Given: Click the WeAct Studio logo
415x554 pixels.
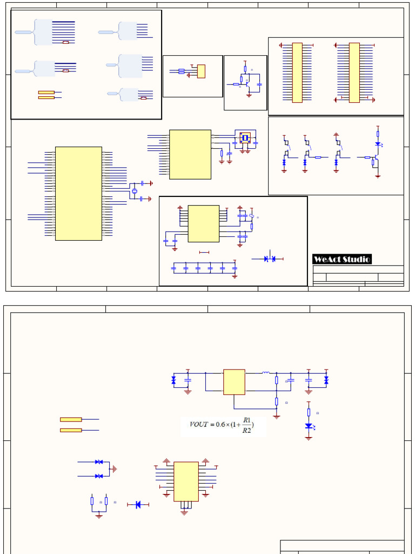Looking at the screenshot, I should click(x=342, y=259).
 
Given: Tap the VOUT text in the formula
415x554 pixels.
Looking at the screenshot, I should click(x=199, y=425).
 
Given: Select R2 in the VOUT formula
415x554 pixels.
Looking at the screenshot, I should click(x=246, y=431).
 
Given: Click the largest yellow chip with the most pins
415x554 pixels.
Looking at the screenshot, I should click(x=78, y=193).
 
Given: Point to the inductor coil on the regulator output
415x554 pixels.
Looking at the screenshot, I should click(x=266, y=373).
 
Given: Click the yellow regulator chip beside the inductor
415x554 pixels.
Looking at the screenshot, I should click(x=234, y=382).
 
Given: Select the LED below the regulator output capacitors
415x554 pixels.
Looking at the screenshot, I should click(x=309, y=426).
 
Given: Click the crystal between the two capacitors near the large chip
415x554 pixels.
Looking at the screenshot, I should click(x=133, y=191).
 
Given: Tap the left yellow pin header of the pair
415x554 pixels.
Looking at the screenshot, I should click(x=297, y=72).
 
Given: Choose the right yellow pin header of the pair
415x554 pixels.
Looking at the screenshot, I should click(x=354, y=72).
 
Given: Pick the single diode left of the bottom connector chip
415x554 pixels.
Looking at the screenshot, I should click(x=138, y=505).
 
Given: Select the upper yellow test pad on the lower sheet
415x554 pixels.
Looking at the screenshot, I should click(x=71, y=419).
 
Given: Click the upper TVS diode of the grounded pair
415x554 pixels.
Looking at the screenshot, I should click(x=99, y=462).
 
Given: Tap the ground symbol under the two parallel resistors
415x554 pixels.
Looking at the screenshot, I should click(x=99, y=516).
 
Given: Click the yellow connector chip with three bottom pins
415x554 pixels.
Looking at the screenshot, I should click(x=186, y=481).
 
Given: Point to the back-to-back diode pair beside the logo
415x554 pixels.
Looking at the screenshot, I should click(x=270, y=259).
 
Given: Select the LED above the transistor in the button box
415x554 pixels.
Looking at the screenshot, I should click(x=378, y=144).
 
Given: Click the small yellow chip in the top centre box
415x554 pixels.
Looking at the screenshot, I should click(x=201, y=71).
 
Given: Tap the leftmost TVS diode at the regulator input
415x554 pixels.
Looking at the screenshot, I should click(x=173, y=380).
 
